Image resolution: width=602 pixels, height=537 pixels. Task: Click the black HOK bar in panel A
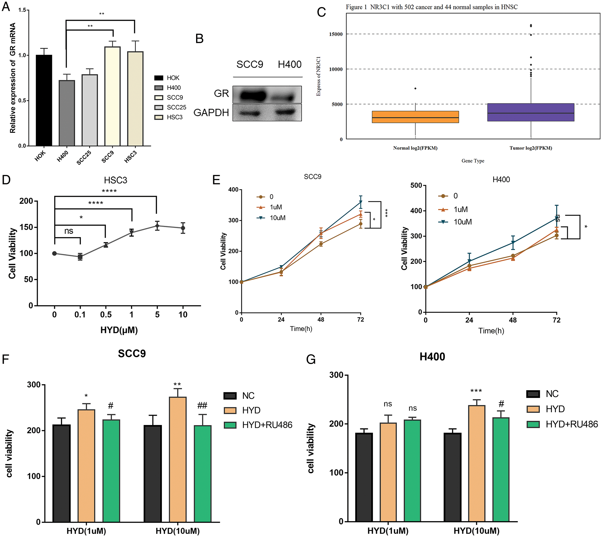44,100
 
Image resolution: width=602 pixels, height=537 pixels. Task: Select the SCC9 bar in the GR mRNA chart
112,96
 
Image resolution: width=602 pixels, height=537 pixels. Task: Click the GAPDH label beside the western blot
211,113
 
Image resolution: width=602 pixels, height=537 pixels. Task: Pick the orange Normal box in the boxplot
415,117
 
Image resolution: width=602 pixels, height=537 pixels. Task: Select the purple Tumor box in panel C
530,112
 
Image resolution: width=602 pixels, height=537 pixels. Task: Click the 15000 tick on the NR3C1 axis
336,34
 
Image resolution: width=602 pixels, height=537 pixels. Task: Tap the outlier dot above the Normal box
415,89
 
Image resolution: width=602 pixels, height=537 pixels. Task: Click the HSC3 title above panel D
115,180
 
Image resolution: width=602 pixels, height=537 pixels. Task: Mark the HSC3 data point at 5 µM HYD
158,226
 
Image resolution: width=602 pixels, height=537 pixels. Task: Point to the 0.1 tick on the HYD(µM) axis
80,315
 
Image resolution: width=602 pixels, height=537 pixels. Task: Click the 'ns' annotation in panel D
69,231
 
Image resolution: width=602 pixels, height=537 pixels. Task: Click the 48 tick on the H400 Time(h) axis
513,320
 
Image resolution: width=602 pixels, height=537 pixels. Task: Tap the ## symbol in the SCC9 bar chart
202,405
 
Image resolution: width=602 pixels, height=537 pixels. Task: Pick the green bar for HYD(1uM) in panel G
412,470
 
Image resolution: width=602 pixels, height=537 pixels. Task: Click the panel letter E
216,180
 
